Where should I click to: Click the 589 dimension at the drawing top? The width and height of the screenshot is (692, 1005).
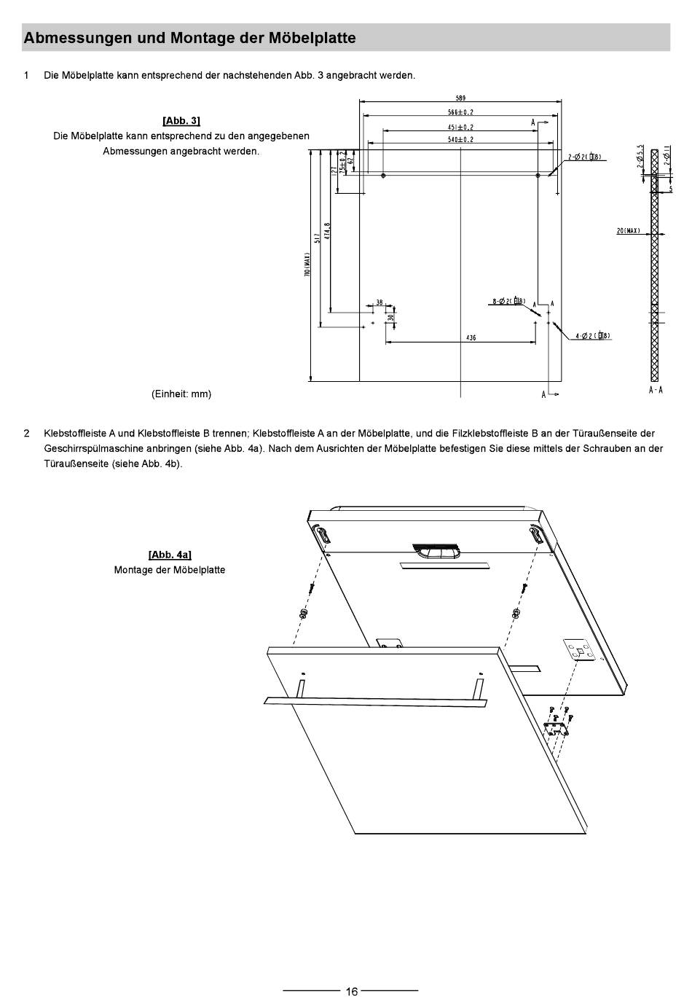click(x=460, y=98)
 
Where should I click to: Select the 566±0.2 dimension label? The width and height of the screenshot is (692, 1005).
click(x=460, y=112)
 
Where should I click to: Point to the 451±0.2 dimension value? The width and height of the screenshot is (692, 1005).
click(x=460, y=128)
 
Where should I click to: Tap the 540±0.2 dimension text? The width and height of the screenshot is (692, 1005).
click(x=460, y=139)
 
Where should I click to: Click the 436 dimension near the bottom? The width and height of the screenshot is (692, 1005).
click(x=471, y=337)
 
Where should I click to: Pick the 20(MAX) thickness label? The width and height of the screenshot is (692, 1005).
click(x=628, y=231)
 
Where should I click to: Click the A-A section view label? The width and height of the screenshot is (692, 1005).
click(x=656, y=391)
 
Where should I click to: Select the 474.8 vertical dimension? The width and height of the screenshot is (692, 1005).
click(x=328, y=231)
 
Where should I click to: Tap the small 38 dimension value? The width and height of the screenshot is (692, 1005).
click(x=380, y=302)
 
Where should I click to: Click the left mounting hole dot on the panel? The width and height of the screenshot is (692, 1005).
click(x=383, y=176)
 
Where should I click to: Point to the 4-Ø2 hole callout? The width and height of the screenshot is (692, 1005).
click(x=592, y=336)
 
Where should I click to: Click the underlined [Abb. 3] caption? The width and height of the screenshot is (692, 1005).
click(x=181, y=120)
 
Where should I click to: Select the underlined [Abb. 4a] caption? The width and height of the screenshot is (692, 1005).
click(x=170, y=555)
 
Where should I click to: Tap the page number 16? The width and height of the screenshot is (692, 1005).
click(x=351, y=991)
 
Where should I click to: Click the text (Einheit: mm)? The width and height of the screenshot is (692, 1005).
click(x=181, y=394)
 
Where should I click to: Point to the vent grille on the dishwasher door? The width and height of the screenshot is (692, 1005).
click(x=437, y=547)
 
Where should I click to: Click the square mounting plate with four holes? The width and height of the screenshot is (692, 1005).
click(x=581, y=650)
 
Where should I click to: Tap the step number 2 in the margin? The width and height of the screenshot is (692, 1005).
click(x=27, y=434)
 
